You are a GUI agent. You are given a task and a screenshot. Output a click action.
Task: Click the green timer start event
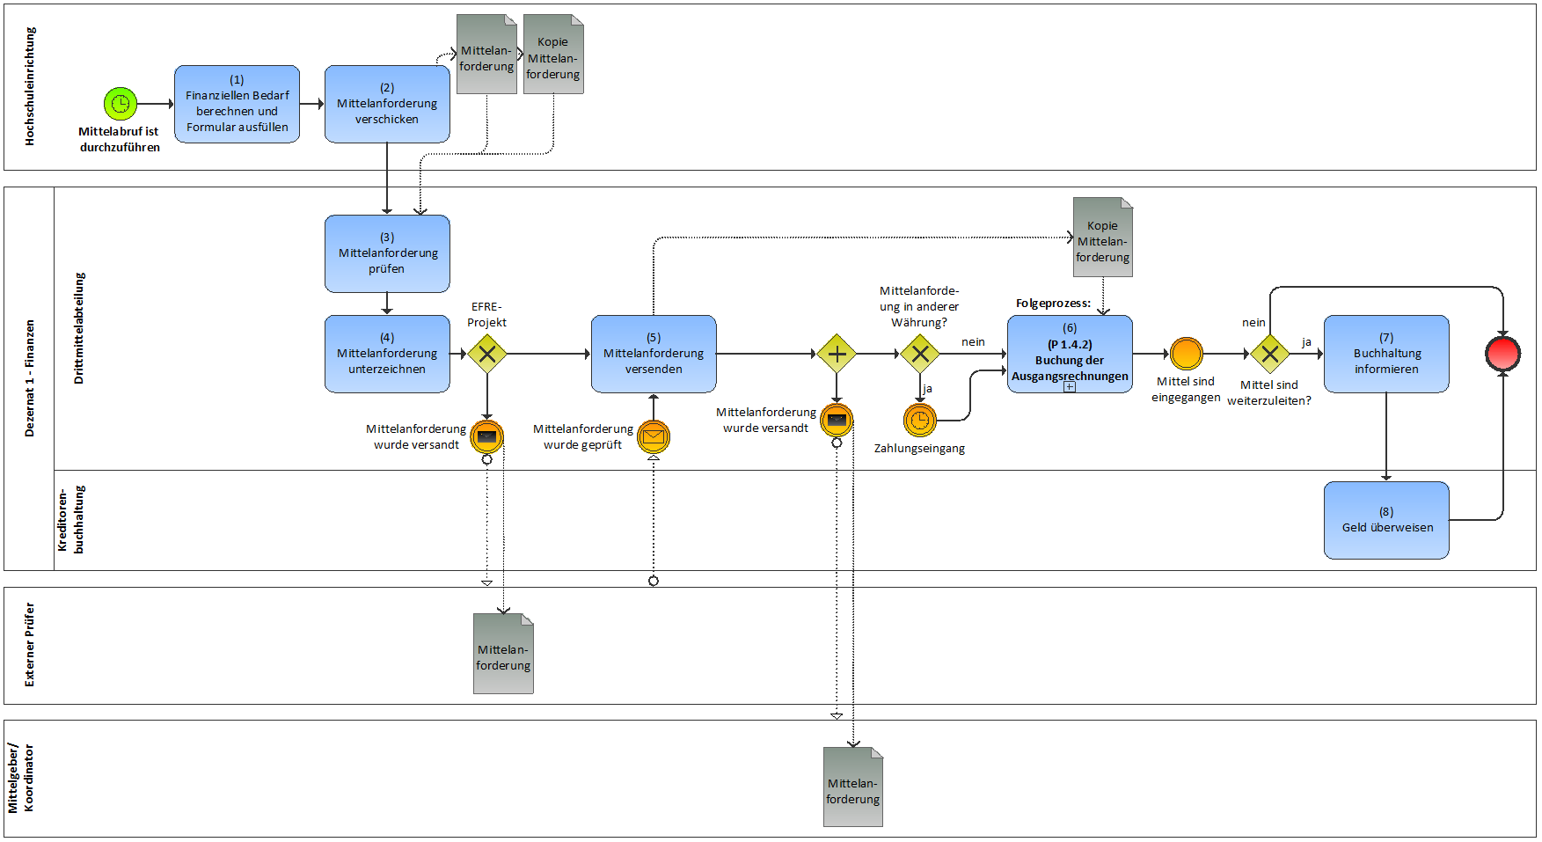click(121, 104)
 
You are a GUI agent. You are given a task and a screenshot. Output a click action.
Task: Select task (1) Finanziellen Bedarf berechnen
click(237, 104)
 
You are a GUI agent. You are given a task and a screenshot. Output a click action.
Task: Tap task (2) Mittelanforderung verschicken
click(387, 104)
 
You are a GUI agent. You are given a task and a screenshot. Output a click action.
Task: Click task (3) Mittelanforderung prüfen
click(387, 253)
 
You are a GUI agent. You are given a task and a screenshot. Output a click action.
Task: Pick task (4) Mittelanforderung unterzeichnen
click(387, 354)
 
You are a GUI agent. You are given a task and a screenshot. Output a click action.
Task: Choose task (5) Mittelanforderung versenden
click(654, 354)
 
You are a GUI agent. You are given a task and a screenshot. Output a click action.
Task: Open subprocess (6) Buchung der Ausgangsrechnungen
click(1070, 354)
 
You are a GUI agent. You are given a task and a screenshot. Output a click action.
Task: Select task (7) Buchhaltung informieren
click(1386, 354)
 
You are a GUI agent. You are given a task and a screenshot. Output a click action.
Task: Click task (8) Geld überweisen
click(1386, 520)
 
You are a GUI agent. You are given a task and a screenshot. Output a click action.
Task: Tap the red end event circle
click(1502, 354)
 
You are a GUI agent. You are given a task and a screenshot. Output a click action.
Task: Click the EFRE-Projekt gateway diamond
click(486, 354)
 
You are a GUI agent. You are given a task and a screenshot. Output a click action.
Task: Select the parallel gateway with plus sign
click(837, 354)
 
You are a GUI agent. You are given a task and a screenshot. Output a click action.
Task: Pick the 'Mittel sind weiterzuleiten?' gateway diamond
click(1269, 354)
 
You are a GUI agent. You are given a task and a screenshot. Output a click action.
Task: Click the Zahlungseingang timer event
click(919, 421)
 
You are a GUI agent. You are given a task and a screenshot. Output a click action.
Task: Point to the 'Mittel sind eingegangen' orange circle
click(1186, 354)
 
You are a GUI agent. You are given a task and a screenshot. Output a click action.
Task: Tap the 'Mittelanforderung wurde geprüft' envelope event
click(654, 436)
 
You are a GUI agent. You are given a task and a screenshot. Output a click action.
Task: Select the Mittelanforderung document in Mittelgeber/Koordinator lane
click(852, 787)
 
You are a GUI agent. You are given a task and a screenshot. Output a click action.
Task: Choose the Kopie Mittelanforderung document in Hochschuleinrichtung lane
click(553, 55)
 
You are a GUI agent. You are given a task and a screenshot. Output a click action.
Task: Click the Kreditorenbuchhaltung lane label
click(70, 520)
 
